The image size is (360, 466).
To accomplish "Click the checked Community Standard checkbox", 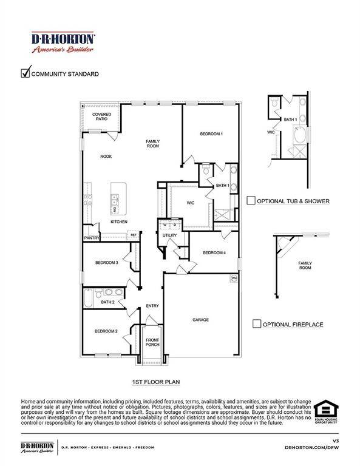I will click(x=25, y=73).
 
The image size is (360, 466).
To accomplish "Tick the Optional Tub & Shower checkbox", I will click(x=251, y=201).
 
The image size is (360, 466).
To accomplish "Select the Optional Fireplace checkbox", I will click(x=257, y=324).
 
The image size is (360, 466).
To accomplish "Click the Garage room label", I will click(x=201, y=320).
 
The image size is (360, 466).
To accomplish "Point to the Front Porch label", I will click(x=152, y=342).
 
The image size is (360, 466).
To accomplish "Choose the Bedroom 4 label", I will click(x=214, y=252).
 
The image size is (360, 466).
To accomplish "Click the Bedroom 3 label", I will click(x=106, y=262).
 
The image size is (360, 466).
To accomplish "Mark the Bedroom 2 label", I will click(x=106, y=331).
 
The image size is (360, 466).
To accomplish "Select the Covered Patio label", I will click(x=101, y=116).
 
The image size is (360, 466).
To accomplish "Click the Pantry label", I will click(x=91, y=238).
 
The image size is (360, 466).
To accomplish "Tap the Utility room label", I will click(x=169, y=235).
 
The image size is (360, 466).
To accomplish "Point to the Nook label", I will click(x=106, y=157).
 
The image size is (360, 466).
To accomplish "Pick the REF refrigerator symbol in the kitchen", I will click(x=133, y=234).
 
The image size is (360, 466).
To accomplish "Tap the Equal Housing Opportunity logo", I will click(x=326, y=411).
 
